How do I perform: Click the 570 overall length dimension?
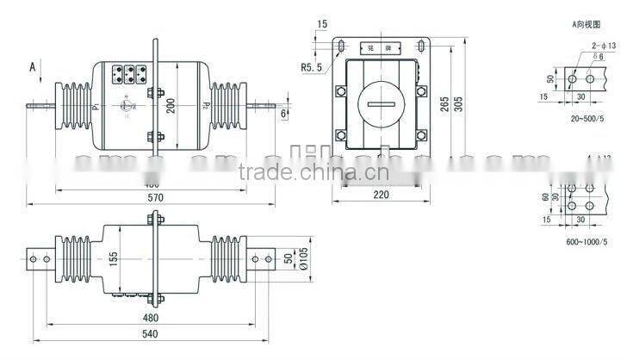[x=154, y=197]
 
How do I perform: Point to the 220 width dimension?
[x=382, y=195]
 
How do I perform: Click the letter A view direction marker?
[x=33, y=66]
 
